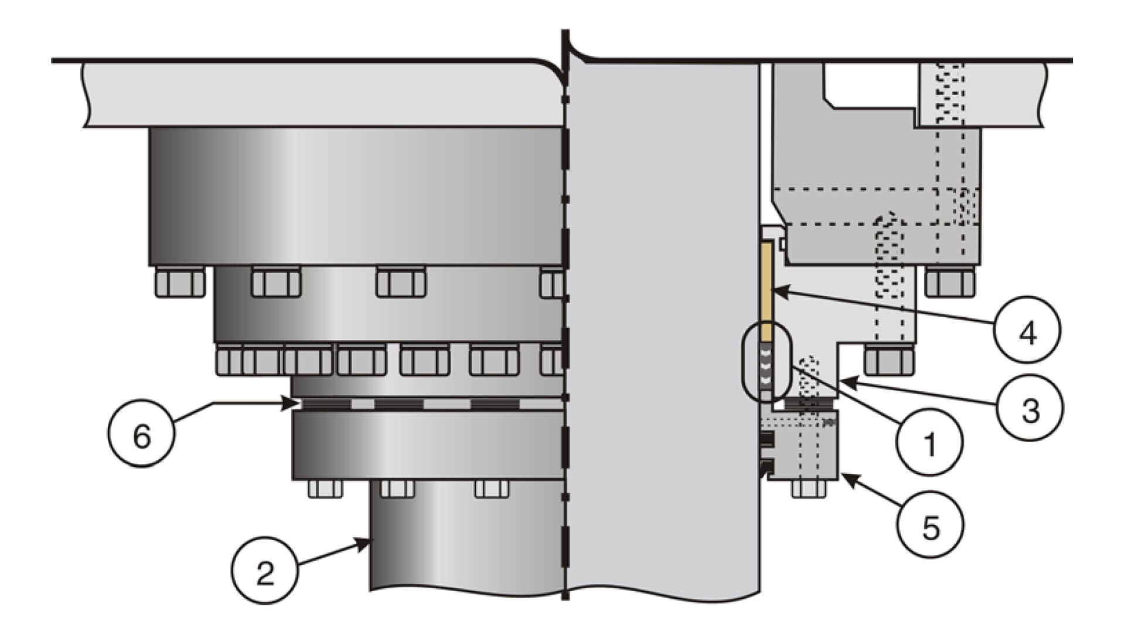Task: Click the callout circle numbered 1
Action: coord(930,442)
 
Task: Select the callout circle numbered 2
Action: coord(265,571)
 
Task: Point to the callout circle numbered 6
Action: coord(142,436)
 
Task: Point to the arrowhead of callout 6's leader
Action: coord(295,404)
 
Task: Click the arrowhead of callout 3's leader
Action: coord(841,381)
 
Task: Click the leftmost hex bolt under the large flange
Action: coord(180,283)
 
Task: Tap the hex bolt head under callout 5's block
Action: coord(809,489)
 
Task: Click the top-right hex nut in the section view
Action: coord(950,283)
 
